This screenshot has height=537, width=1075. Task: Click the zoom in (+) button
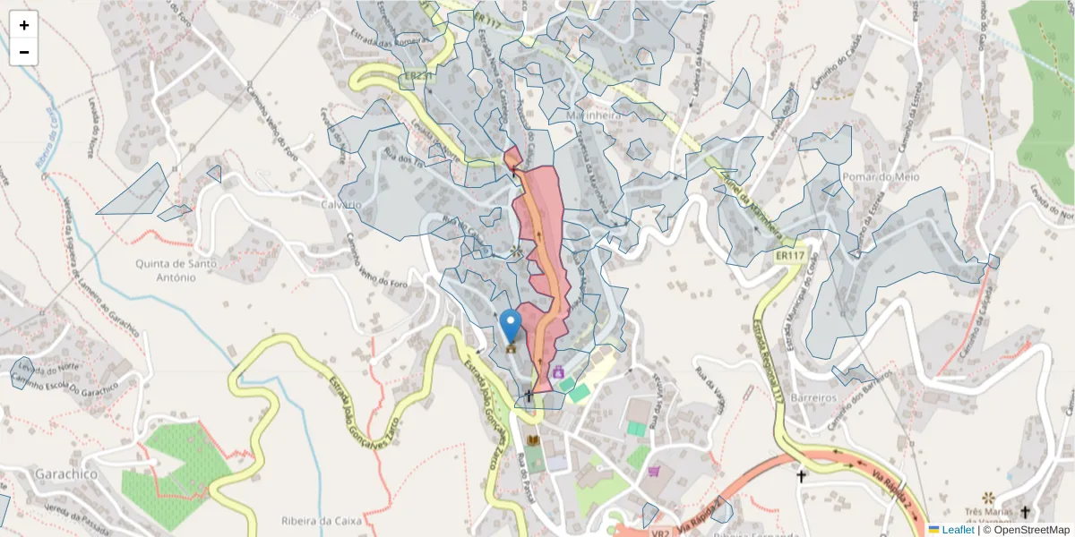(24, 25)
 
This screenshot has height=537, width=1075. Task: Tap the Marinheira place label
(593, 115)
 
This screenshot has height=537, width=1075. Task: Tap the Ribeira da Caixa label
(320, 520)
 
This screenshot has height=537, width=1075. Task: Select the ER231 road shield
(417, 78)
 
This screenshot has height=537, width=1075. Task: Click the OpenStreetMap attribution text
(1026, 530)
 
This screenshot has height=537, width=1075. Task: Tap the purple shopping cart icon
(655, 471)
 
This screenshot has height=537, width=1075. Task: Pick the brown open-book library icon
(534, 440)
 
